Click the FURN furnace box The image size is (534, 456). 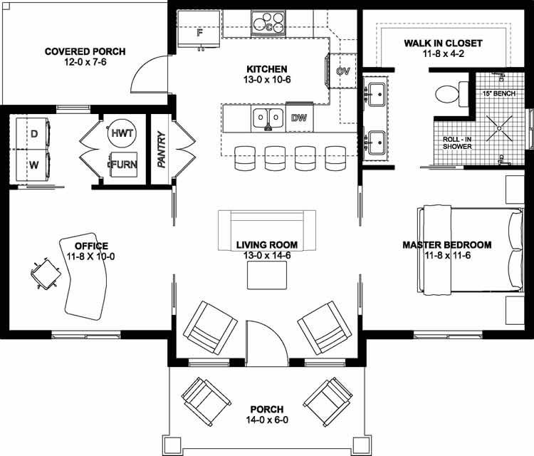pyautogui.click(x=123, y=164)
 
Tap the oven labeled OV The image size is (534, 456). pyautogui.click(x=342, y=71)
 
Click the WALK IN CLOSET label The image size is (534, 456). pyautogui.click(x=443, y=43)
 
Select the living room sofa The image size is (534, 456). pyautogui.click(x=268, y=227)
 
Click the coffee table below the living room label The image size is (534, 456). pyautogui.click(x=267, y=275)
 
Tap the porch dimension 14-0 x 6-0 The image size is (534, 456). pyautogui.click(x=266, y=421)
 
